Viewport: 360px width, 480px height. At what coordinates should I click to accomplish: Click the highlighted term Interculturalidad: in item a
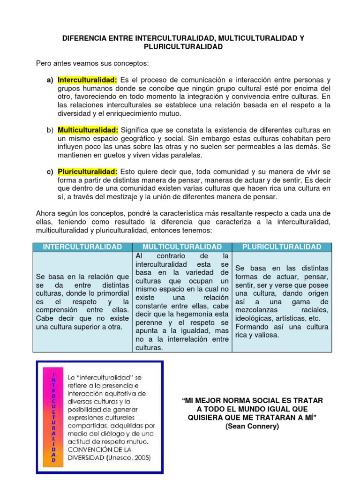(x=87, y=80)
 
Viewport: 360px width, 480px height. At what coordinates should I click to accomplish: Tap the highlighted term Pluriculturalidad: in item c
(x=88, y=172)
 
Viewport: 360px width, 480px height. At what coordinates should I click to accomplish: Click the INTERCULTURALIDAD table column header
(x=82, y=247)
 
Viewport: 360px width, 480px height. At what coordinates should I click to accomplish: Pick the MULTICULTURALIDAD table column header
(x=182, y=247)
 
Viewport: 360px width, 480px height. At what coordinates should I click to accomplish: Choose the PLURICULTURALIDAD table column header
(x=282, y=247)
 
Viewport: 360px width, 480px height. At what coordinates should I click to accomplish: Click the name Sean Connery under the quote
(x=252, y=426)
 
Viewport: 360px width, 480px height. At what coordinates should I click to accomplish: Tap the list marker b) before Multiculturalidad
(x=50, y=130)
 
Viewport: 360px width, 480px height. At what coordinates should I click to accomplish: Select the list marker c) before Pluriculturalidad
(x=50, y=172)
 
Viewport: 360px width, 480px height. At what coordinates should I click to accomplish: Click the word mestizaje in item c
(x=125, y=197)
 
